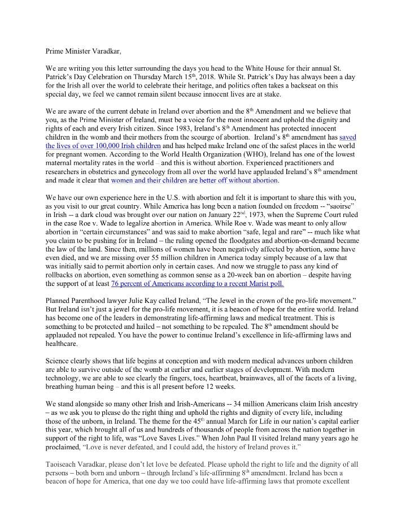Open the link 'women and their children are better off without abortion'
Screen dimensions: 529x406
tap(194, 180)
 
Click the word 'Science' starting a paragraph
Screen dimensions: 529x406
tap(59, 361)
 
